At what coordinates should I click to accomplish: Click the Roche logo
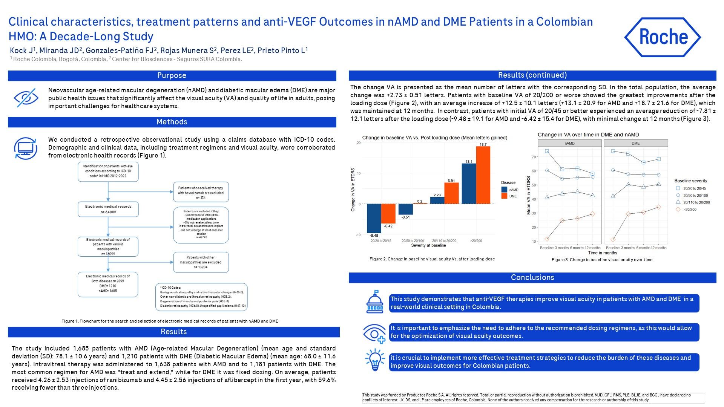pyautogui.click(x=663, y=37)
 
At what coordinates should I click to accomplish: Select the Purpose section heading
pyautogui.click(x=172, y=75)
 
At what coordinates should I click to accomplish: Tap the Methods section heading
pyautogui.click(x=172, y=122)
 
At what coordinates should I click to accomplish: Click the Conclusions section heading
pyautogui.click(x=532, y=277)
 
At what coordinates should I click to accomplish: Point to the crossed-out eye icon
pyautogui.click(x=26, y=98)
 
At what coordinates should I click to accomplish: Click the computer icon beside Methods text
pyautogui.click(x=25, y=148)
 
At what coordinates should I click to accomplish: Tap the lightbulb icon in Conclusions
pyautogui.click(x=375, y=360)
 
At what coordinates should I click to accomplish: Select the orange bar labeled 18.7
pyautogui.click(x=483, y=175)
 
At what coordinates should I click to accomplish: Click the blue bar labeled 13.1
pyautogui.click(x=469, y=184)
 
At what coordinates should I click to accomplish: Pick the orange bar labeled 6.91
pyautogui.click(x=451, y=193)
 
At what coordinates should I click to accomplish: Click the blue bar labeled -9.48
pyautogui.click(x=374, y=218)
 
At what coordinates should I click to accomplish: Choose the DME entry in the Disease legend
pyautogui.click(x=509, y=196)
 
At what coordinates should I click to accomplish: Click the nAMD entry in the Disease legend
pyautogui.click(x=509, y=190)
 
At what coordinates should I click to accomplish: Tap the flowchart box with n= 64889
pyautogui.click(x=108, y=209)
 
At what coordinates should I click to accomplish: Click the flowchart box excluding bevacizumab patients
pyautogui.click(x=201, y=192)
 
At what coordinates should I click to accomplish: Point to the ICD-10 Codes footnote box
pyautogui.click(x=201, y=297)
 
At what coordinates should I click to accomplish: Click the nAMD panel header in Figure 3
pyautogui.click(x=569, y=144)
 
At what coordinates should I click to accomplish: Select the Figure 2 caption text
pyautogui.click(x=432, y=259)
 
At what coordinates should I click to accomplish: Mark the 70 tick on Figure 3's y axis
pyautogui.click(x=534, y=157)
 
